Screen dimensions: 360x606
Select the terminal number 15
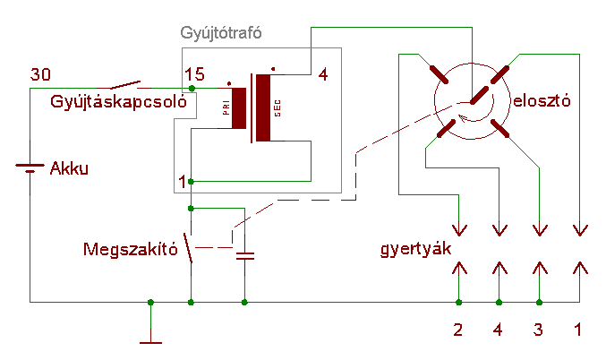click(194, 74)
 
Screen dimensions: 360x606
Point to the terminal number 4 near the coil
click(323, 74)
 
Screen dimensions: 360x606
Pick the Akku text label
click(70, 167)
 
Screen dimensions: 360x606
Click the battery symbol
click(30, 167)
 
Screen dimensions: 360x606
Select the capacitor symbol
click(244, 256)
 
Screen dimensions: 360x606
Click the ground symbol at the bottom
click(150, 339)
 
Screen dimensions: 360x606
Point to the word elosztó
click(541, 101)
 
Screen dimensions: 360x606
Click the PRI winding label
click(226, 108)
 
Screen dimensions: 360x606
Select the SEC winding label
click(277, 108)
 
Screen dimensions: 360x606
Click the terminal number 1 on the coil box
click(183, 182)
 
